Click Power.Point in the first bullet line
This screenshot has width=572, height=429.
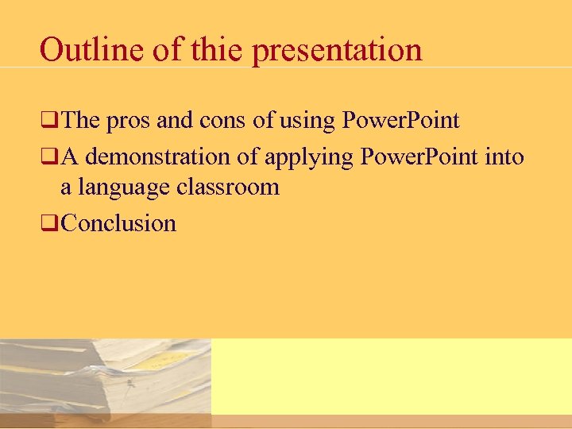[400, 121]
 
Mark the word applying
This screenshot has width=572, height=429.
[309, 158]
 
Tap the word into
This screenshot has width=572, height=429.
[504, 157]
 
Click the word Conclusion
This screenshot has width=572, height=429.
[118, 223]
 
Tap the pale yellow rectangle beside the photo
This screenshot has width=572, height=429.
[391, 376]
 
